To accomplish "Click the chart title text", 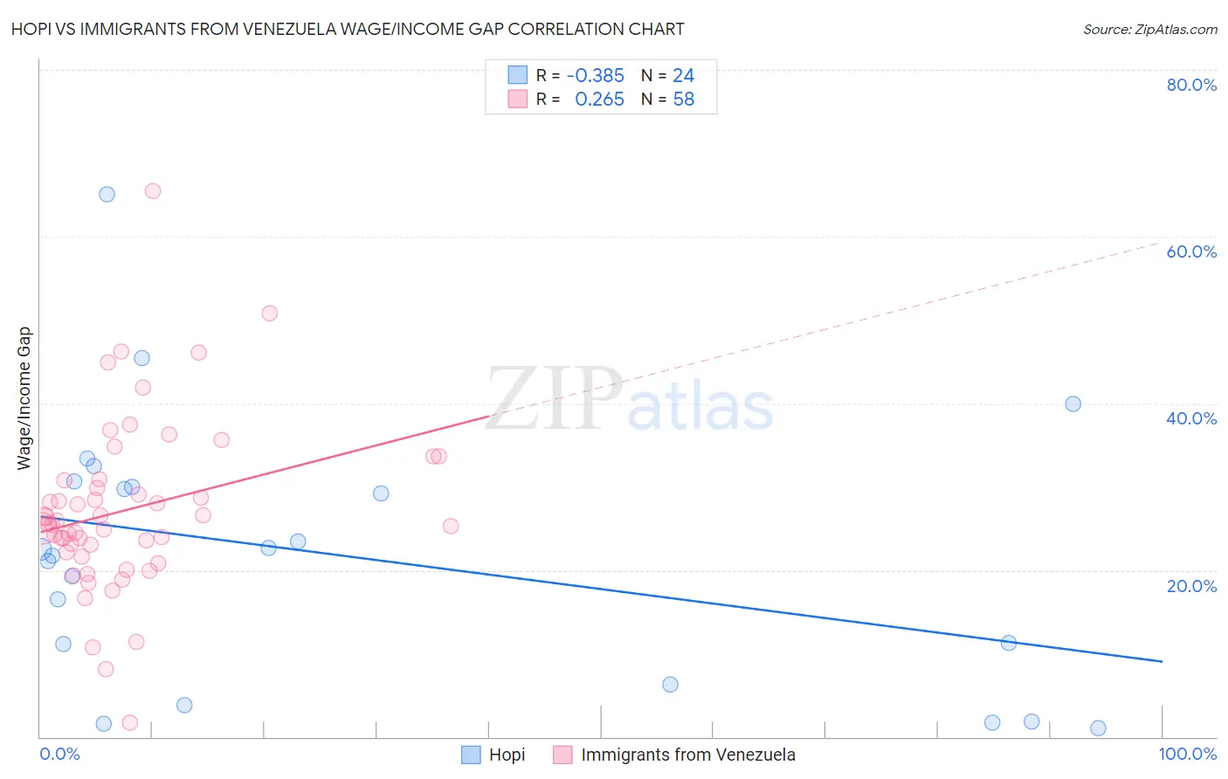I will (x=348, y=29).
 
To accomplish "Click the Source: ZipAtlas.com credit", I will (x=1149, y=29).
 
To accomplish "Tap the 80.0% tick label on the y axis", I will (x=1191, y=85).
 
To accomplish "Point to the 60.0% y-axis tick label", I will (x=1191, y=252).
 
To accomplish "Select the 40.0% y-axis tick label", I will (x=1191, y=418).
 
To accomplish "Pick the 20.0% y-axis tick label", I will (x=1191, y=585).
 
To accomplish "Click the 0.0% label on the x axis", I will (x=59, y=754).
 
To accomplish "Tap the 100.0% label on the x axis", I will (x=1187, y=754).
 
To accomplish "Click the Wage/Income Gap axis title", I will (x=24, y=398).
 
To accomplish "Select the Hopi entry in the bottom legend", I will (x=507, y=755).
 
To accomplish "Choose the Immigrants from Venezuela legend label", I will (x=688, y=755).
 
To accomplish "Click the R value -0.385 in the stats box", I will (x=595, y=76).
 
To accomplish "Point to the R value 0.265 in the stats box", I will (x=599, y=100).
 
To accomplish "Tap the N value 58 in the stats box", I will (x=683, y=100).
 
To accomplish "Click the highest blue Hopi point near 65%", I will (x=107, y=194).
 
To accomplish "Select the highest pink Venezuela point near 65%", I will (x=153, y=191).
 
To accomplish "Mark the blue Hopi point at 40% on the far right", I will (x=1073, y=403).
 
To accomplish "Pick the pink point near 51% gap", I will (x=270, y=314).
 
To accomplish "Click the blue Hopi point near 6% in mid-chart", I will (x=670, y=684).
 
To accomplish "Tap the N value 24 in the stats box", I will (x=683, y=76).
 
